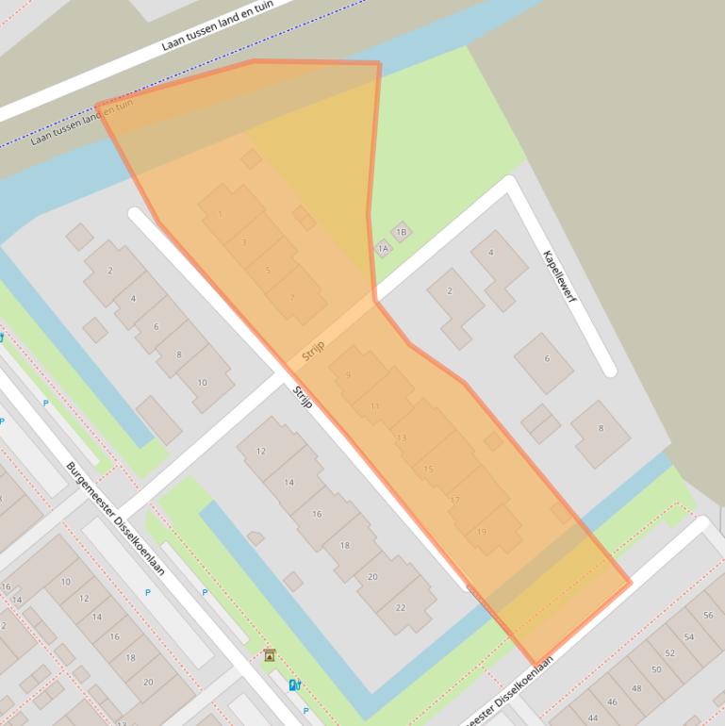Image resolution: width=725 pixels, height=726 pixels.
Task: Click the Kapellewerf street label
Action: [x=560, y=276]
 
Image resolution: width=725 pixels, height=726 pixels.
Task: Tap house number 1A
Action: [x=382, y=249]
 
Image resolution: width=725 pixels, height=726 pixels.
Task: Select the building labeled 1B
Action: [x=401, y=232]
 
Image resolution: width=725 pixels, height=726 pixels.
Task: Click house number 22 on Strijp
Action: [x=401, y=607]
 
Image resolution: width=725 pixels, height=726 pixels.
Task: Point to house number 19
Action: [x=482, y=532]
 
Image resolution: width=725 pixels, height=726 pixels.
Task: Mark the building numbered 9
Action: [x=348, y=375]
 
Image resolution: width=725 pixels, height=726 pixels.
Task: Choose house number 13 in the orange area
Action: [x=402, y=437]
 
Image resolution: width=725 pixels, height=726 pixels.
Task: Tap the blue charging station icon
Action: [x=294, y=685]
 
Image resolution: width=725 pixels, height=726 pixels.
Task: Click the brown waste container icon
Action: [x=270, y=655]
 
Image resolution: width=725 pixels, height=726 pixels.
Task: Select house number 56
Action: [x=708, y=615]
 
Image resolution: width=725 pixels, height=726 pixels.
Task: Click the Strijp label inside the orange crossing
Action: [x=313, y=352]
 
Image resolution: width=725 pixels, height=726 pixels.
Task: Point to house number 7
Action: [x=292, y=298]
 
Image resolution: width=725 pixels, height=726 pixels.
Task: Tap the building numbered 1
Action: [x=220, y=214]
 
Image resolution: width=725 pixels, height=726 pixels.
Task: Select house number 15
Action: [x=429, y=469]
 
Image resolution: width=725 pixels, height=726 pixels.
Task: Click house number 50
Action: [x=656, y=670]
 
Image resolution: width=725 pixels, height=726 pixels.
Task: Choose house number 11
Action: [x=375, y=406]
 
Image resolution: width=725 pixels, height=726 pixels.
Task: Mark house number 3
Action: [x=244, y=242]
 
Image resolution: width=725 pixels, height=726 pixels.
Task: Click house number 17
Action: [x=455, y=500]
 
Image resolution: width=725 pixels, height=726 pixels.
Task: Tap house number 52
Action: [x=669, y=653]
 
